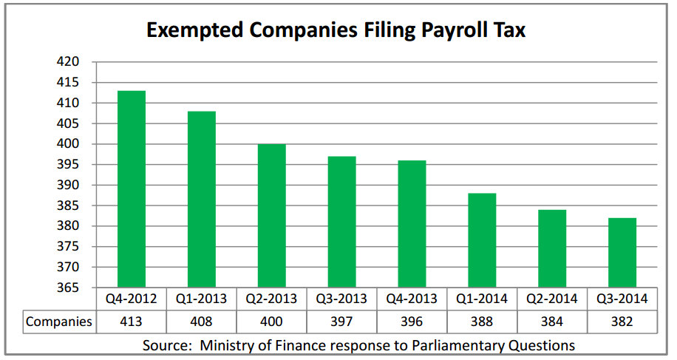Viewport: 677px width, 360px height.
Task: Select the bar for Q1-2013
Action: click(202, 199)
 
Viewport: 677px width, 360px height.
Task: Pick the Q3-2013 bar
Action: click(342, 221)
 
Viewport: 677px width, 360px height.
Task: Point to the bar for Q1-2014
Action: click(482, 240)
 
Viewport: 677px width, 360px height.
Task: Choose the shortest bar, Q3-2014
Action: click(622, 252)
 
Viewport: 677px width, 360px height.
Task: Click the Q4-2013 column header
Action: click(412, 299)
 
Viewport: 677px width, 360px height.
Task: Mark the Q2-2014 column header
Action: click(551, 299)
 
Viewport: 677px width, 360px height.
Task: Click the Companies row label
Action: click(59, 322)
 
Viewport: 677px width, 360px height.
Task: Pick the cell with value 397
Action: click(342, 322)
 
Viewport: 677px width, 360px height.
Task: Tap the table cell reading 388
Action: click(482, 322)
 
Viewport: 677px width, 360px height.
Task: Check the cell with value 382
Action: click(622, 322)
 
